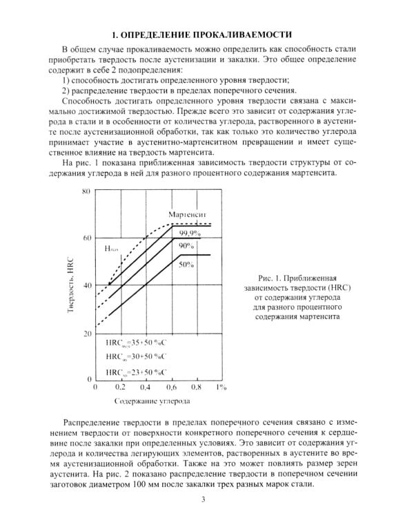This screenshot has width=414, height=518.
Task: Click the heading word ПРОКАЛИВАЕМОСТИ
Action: coord(235,34)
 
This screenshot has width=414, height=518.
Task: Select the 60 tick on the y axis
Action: coord(86,238)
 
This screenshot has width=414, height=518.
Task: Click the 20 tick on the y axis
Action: coord(86,334)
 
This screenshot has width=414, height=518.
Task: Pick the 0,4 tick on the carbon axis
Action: coord(146,389)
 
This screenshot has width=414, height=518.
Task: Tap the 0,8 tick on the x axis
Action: coord(195,389)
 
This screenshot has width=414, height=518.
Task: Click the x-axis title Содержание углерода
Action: coord(152,401)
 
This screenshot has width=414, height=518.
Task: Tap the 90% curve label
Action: coord(186,246)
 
